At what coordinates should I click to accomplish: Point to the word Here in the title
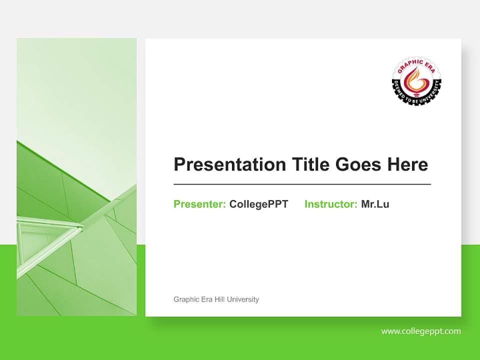coord(407,164)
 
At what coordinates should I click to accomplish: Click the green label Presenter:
coord(199,204)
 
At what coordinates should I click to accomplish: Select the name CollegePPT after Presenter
coord(258,204)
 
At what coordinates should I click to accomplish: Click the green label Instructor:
coord(330,204)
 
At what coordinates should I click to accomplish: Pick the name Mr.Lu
coord(375,204)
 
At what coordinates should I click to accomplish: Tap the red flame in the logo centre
coord(416,79)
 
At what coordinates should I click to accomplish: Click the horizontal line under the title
coord(302,184)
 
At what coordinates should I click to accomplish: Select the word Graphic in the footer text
coord(185,299)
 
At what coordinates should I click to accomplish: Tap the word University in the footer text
coord(243,299)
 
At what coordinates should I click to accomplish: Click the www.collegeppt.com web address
coord(421,331)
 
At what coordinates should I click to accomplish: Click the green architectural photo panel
coord(76,125)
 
